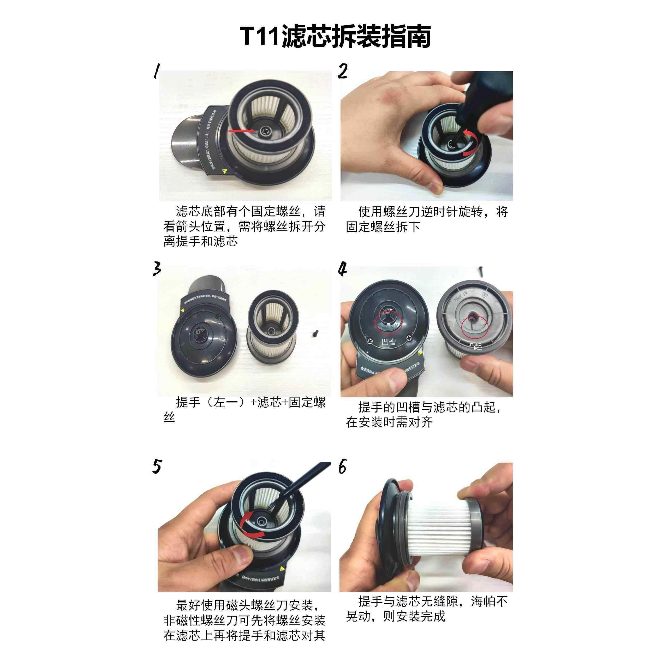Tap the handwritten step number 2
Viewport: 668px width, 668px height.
[342, 71]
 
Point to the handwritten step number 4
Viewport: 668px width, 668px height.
[342, 269]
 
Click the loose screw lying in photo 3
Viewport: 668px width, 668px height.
[315, 334]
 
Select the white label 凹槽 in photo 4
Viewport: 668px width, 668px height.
[388, 342]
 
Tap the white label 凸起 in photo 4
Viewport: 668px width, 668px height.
[475, 346]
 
